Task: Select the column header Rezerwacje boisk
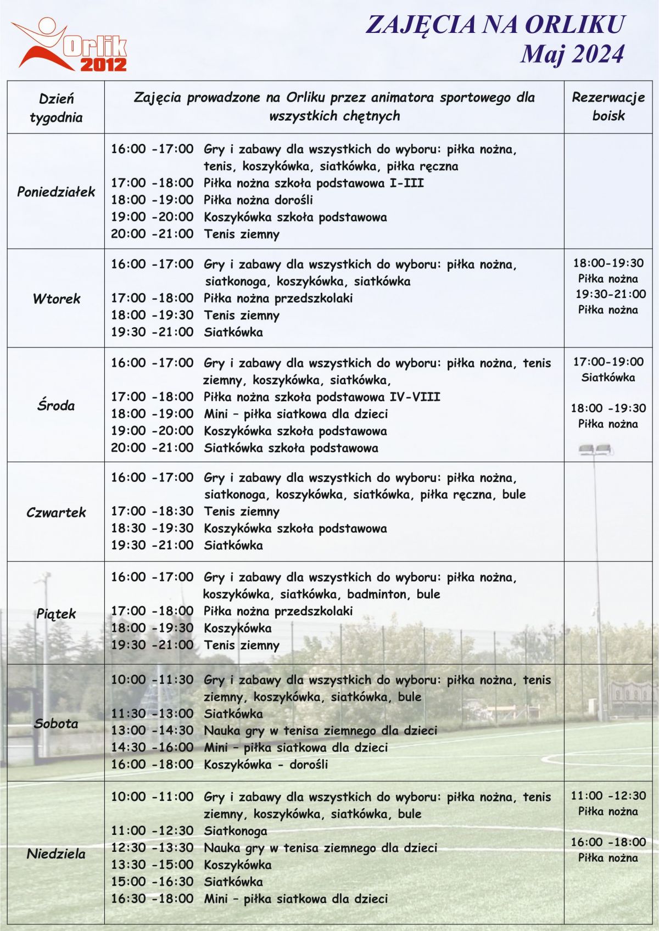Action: pyautogui.click(x=608, y=106)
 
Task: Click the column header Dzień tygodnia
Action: pyautogui.click(x=56, y=108)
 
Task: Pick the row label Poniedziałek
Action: pyautogui.click(x=56, y=192)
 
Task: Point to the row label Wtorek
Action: pyautogui.click(x=56, y=299)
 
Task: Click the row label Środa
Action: pyautogui.click(x=56, y=406)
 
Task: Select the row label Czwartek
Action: pyautogui.click(x=56, y=512)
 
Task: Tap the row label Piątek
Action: pyautogui.click(x=56, y=614)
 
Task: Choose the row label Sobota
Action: pyautogui.click(x=56, y=723)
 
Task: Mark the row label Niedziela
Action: pyautogui.click(x=56, y=854)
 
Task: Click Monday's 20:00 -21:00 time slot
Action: pyautogui.click(x=152, y=234)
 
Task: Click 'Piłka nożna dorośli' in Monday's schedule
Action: pyautogui.click(x=258, y=200)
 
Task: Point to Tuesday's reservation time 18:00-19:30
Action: pyautogui.click(x=608, y=263)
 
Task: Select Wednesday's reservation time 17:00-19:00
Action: pyautogui.click(x=608, y=362)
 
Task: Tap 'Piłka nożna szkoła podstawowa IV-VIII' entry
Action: pyautogui.click(x=322, y=397)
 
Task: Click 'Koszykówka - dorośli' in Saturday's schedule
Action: pyautogui.click(x=266, y=764)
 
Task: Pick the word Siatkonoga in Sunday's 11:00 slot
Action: pyautogui.click(x=236, y=831)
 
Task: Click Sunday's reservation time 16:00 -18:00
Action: pyautogui.click(x=608, y=842)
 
